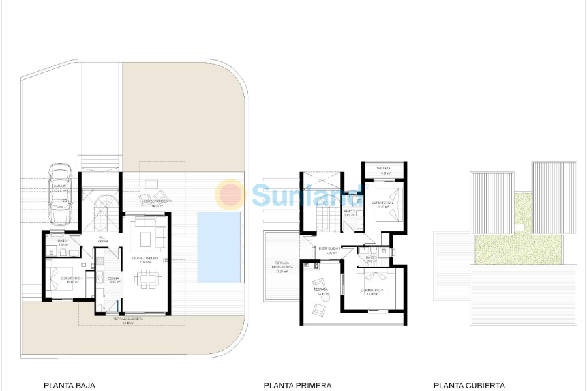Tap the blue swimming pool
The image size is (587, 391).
coord(218,246)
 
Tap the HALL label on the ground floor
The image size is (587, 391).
coord(102,237)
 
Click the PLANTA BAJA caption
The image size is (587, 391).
coord(69,385)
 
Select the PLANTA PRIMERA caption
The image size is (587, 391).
coord(297,385)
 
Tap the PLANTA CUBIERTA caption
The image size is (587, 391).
coord(469,385)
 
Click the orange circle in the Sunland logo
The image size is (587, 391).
coord(231,194)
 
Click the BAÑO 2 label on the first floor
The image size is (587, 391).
coord(349,212)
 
